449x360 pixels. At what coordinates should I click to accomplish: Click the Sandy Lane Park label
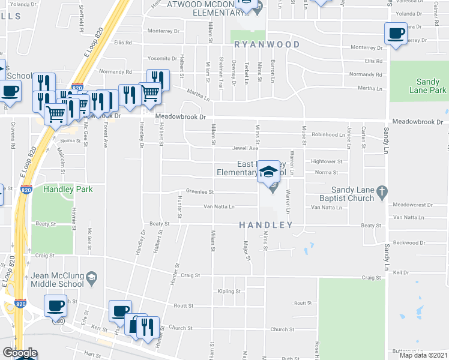[x=432, y=86]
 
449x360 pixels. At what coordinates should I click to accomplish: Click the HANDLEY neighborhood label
[x=266, y=225]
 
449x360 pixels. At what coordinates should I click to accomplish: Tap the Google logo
[x=20, y=353]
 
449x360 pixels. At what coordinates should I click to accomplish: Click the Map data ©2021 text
[x=424, y=355]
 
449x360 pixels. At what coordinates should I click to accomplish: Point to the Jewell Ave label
[x=246, y=148]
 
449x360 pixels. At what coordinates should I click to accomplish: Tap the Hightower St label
[x=327, y=161]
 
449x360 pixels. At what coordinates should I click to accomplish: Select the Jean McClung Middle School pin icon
[x=91, y=277]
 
